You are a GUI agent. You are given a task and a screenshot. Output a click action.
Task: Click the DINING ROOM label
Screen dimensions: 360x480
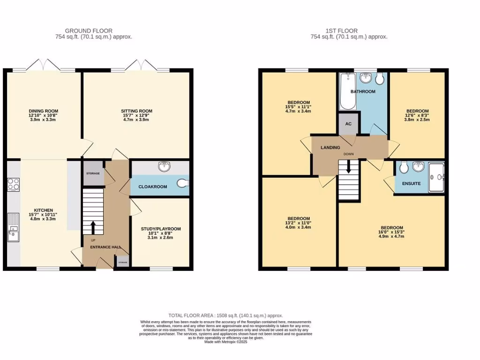(43, 111)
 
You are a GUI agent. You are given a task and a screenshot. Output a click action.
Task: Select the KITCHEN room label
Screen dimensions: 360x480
(43, 210)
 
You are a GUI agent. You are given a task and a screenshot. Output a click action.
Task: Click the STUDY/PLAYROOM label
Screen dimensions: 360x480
(161, 229)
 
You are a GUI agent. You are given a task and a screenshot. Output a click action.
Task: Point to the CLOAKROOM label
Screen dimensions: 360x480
(152, 187)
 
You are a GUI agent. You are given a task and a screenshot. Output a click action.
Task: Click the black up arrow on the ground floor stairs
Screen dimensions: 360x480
(92, 227)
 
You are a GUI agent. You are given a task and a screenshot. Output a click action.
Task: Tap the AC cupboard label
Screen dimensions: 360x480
(348, 124)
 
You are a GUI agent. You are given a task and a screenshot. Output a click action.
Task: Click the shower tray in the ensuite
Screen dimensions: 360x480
(435, 177)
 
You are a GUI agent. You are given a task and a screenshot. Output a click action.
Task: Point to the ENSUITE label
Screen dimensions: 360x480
(411, 183)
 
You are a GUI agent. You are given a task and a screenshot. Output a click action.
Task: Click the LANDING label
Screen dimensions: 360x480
(330, 148)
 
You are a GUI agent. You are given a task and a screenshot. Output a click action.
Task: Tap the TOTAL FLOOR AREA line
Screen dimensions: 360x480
(225, 315)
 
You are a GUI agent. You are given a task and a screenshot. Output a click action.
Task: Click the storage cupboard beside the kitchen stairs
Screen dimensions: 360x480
(92, 173)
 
